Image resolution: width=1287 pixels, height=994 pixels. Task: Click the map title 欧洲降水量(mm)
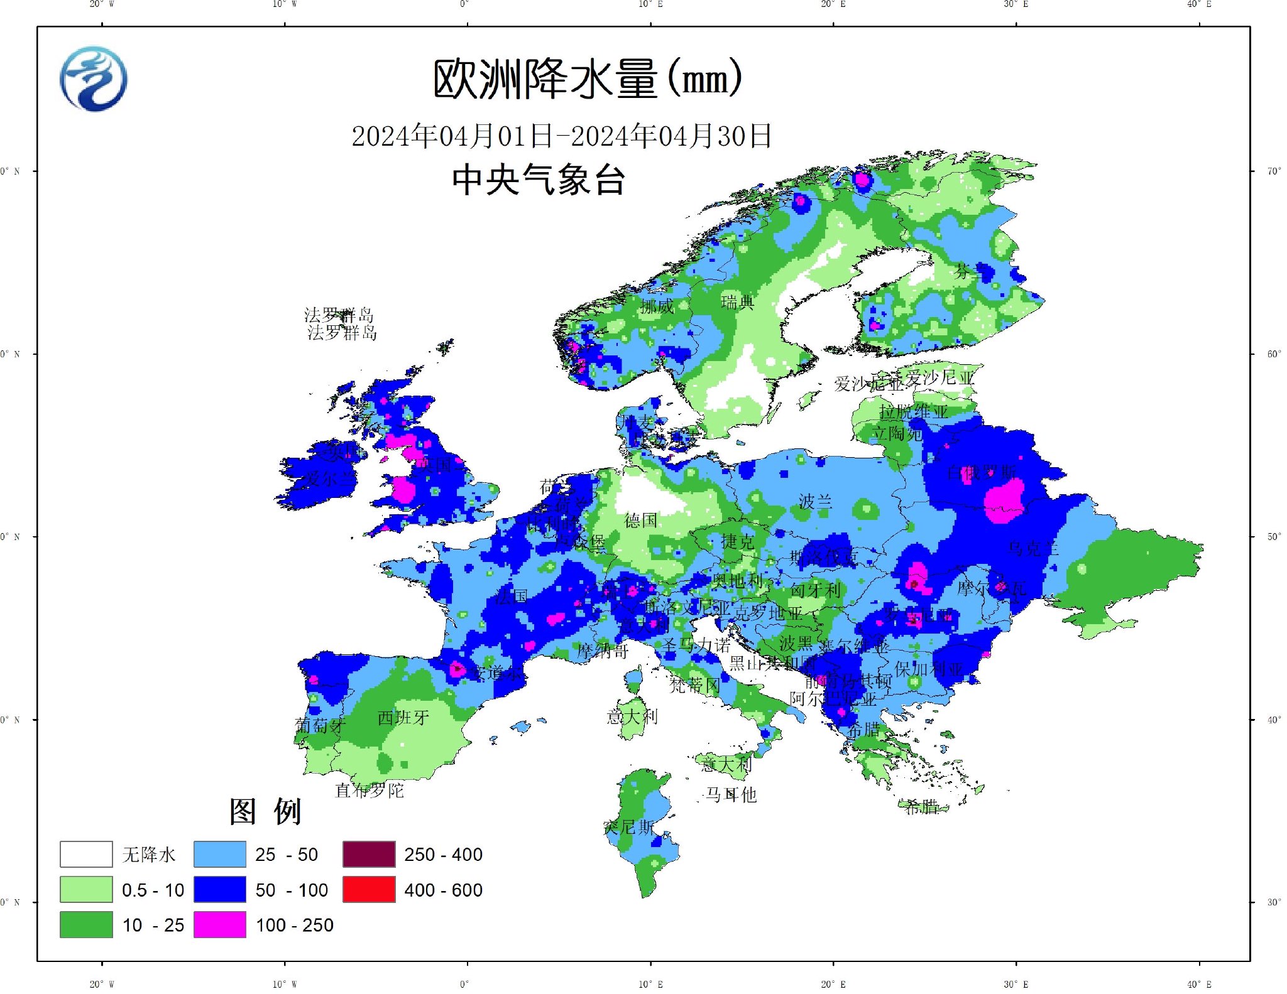588,79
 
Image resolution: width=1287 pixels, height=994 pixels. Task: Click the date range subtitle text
561,136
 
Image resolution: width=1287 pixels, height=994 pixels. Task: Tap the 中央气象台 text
538,180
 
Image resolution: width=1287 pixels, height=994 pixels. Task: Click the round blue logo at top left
94,79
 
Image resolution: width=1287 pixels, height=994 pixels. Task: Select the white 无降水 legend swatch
86,854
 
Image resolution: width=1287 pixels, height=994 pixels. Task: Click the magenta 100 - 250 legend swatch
219,925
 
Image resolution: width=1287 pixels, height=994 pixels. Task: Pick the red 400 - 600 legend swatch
369,890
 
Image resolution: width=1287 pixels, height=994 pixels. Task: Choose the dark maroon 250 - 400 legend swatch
369,854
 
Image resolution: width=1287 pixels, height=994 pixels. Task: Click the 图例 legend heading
265,811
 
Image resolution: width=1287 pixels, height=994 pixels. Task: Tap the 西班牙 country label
403,717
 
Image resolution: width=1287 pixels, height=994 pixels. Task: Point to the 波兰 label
815,501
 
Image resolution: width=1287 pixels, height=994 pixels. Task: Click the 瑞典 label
737,303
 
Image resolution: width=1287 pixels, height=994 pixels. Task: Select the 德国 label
640,520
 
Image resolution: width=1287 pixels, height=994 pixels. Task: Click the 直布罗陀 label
370,790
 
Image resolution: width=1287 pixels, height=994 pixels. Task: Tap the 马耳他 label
731,795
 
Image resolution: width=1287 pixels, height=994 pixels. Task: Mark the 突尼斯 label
628,827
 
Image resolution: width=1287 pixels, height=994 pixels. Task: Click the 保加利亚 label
928,669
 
